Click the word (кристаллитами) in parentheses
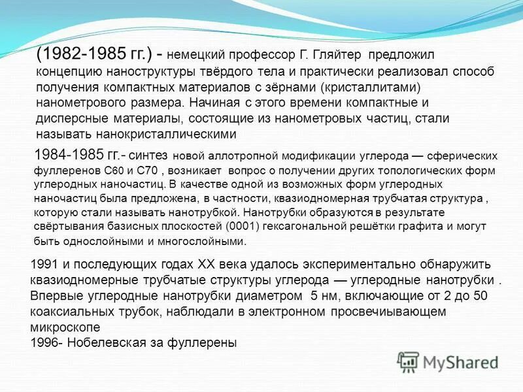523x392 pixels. tap(369, 87)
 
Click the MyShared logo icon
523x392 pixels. tap(408, 362)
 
